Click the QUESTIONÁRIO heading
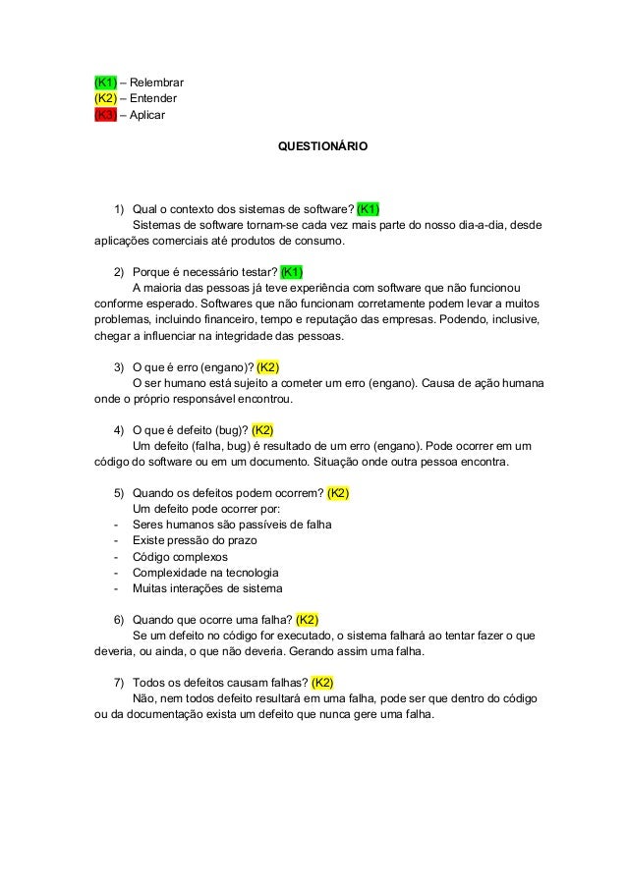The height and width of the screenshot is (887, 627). (322, 145)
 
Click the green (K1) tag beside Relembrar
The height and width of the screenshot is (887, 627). (105, 82)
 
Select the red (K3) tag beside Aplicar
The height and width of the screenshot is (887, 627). (105, 115)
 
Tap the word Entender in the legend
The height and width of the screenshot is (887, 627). (153, 98)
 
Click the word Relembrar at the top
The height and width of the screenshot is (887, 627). (157, 82)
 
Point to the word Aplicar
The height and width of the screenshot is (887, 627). (147, 115)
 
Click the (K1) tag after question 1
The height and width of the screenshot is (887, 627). (369, 208)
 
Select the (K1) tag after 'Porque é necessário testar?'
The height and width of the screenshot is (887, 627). (292, 272)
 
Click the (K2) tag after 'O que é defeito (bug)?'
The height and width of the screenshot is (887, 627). (262, 429)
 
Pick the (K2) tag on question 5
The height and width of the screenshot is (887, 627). (338, 492)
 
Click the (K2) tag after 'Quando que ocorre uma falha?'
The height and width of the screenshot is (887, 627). (307, 619)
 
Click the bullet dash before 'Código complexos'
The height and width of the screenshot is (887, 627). (117, 556)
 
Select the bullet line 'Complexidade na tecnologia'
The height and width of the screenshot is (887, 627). (204, 572)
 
